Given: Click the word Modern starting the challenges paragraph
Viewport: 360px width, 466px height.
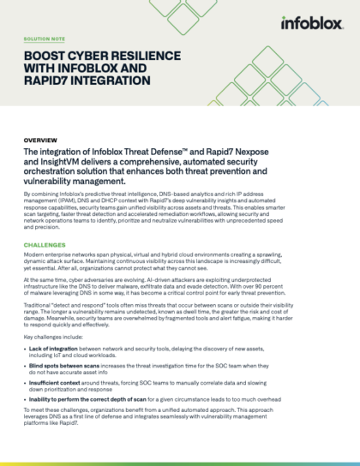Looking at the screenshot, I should (x=37, y=256).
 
